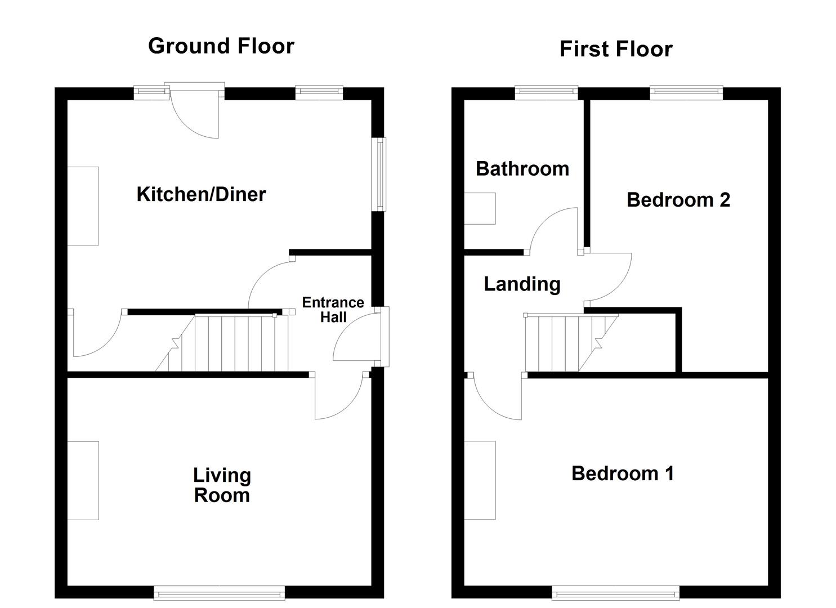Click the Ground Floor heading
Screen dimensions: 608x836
[221, 46]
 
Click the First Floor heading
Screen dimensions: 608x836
[616, 50]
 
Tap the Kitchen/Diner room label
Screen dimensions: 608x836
[201, 194]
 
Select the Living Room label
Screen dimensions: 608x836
[222, 485]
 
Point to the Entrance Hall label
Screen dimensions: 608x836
[333, 310]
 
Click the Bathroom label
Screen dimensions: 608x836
[522, 169]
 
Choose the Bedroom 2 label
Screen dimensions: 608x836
[678, 200]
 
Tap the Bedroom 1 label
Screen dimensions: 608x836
[622, 473]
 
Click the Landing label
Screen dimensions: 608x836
[522, 284]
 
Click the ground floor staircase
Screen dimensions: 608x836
[231, 343]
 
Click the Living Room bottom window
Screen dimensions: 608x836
[219, 592]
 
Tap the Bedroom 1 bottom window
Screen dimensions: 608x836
[615, 592]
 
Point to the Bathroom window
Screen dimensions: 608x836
[546, 92]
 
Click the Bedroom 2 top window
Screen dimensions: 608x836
[686, 92]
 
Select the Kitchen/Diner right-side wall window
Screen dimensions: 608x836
[381, 175]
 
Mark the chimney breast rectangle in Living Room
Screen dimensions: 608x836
[83, 480]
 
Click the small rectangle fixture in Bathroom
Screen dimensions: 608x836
[480, 208]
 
